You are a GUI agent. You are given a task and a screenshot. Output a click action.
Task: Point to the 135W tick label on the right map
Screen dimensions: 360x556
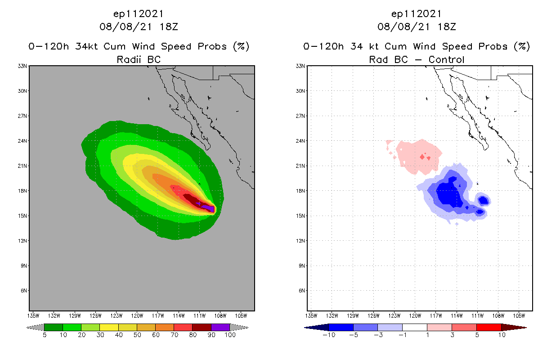pyautogui.click(x=311, y=315)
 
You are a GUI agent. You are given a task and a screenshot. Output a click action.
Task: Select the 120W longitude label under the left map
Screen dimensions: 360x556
pyautogui.click(x=137, y=315)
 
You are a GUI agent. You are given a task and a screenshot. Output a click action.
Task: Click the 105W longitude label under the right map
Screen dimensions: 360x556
pyautogui.click(x=519, y=315)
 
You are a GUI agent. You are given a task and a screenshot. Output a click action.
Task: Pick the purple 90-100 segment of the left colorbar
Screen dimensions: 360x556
pyautogui.click(x=220, y=327)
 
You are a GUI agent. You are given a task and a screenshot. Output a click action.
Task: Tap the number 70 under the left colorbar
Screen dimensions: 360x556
pyautogui.click(x=174, y=335)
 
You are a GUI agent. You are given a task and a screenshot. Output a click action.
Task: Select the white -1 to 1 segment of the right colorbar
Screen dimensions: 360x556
pyautogui.click(x=414, y=327)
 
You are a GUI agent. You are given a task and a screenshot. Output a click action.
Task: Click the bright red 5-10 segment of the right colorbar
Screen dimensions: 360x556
pyautogui.click(x=489, y=327)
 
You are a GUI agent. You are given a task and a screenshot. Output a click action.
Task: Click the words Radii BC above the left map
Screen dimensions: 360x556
pyautogui.click(x=139, y=59)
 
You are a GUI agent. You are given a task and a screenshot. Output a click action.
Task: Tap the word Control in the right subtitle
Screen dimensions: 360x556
pyautogui.click(x=446, y=59)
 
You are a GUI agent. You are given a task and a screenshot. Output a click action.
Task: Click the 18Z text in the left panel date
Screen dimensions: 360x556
pyautogui.click(x=168, y=27)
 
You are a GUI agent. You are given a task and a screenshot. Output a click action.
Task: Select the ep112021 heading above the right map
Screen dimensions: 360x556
pyautogui.click(x=417, y=14)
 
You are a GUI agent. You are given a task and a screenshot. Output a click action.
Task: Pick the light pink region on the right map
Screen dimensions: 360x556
pyautogui.click(x=416, y=155)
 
